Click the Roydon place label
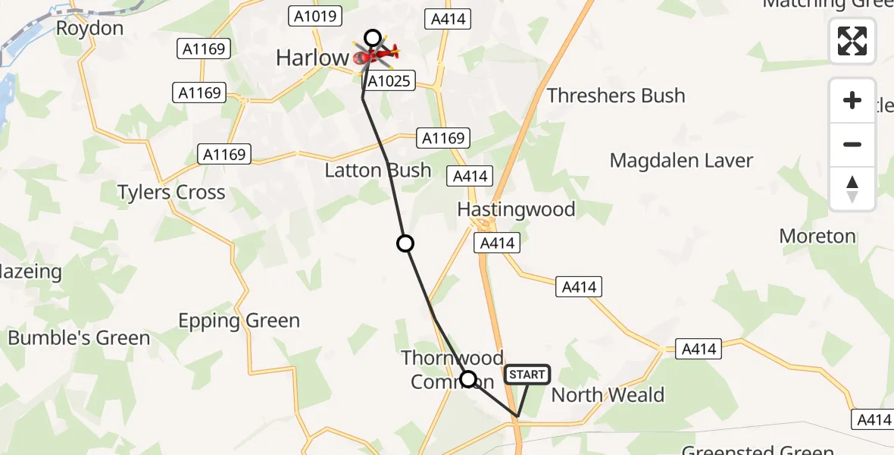[x=89, y=29]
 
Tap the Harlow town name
[x=311, y=57]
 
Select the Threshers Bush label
[x=616, y=96]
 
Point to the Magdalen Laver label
[x=682, y=161]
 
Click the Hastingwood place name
[x=516, y=209]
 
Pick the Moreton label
[x=817, y=236]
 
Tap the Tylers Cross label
[x=171, y=192]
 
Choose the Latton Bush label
[x=377, y=170]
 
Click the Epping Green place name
[x=239, y=321]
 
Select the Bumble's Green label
[x=80, y=337]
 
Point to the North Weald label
[x=608, y=394]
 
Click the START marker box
[x=527, y=375]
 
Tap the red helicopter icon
[x=377, y=55]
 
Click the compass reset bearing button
[x=852, y=189]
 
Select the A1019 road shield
[x=315, y=15]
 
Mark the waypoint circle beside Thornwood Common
[x=468, y=379]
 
